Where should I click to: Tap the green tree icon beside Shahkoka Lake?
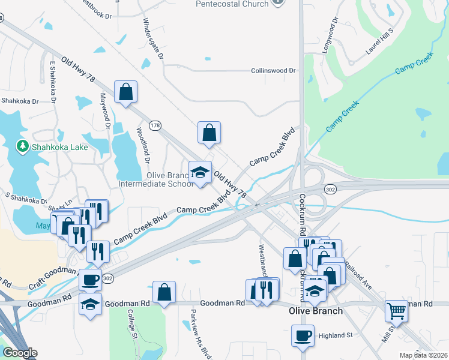point(22,146)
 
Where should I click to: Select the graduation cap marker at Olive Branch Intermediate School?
point(200,173)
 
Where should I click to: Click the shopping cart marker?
point(396,311)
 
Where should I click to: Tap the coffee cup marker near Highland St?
point(303,335)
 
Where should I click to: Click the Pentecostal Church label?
point(232,4)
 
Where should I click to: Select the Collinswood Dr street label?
point(273,71)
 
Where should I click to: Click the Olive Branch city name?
point(315,311)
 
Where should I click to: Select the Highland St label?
point(335,335)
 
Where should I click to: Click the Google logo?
point(20,353)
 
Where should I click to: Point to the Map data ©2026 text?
point(423,355)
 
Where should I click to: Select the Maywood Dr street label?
point(106,110)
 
